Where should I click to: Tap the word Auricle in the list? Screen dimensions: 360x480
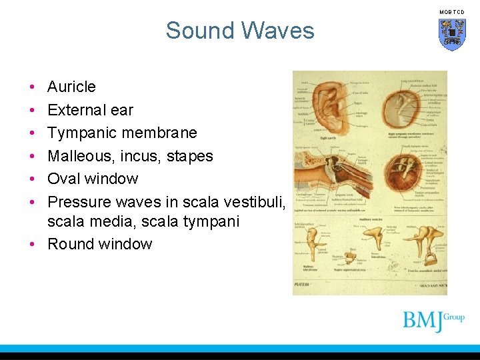pyautogui.click(x=71, y=87)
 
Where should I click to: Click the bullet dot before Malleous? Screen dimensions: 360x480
pyautogui.click(x=32, y=156)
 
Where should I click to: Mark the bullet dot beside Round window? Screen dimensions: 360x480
pyautogui.click(x=32, y=244)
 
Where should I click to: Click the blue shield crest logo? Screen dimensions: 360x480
pyautogui.click(x=451, y=34)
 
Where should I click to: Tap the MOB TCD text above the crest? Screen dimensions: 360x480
pyautogui.click(x=451, y=12)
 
